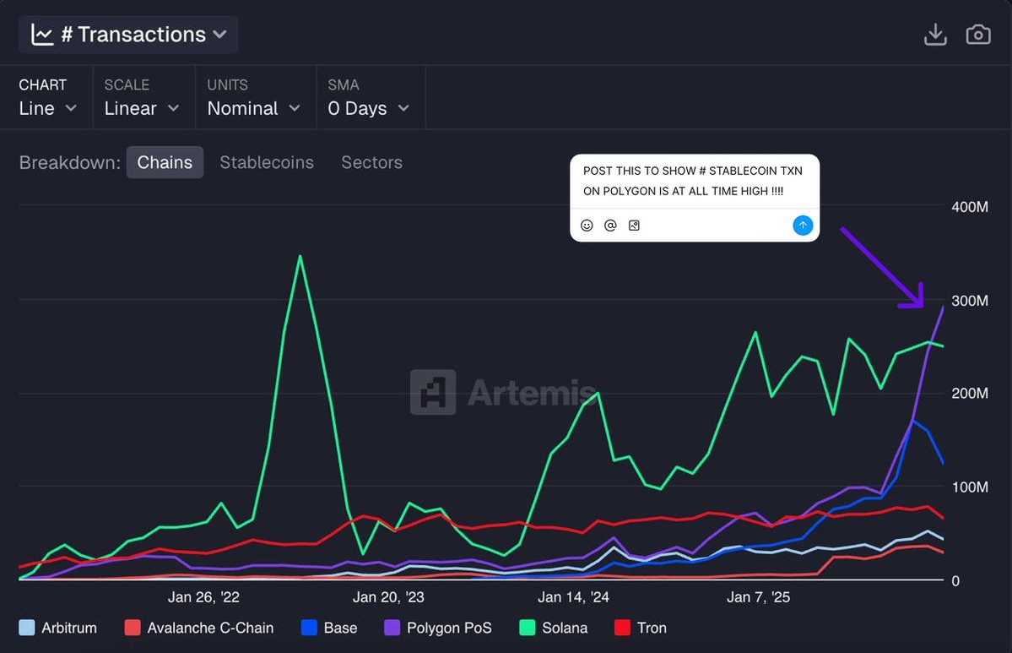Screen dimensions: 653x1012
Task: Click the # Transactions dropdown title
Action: (129, 35)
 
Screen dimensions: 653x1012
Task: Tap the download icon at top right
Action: (935, 35)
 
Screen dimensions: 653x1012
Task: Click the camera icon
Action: (978, 35)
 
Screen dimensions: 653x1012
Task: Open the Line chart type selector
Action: (48, 108)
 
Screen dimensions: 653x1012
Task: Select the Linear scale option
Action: (142, 108)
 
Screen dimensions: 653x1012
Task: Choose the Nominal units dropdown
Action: (253, 108)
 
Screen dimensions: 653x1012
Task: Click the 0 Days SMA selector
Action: (368, 108)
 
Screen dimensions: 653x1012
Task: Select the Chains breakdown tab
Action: (165, 162)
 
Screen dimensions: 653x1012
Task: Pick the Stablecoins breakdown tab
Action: (267, 162)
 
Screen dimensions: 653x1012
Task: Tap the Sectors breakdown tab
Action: (371, 162)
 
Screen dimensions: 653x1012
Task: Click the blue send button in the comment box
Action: (803, 225)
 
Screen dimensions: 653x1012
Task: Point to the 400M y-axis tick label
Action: (970, 207)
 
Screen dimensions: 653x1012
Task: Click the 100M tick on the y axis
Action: (970, 487)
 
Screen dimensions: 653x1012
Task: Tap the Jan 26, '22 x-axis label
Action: (203, 597)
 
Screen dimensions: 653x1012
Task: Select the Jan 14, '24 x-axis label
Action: (573, 597)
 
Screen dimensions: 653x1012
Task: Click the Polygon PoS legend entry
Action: (439, 628)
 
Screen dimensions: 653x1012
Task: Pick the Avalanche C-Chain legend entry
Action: (198, 628)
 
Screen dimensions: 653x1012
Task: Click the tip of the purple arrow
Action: (923, 305)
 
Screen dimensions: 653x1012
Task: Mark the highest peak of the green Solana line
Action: (300, 256)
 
